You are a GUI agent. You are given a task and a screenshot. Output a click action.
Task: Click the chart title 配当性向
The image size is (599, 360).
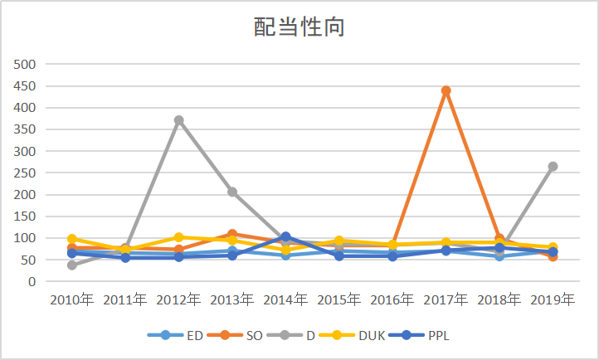coord(299,27)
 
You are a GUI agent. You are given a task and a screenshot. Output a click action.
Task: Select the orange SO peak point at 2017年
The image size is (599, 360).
coord(446,90)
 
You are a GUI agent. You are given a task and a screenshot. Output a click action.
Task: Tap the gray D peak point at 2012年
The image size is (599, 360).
coord(178,120)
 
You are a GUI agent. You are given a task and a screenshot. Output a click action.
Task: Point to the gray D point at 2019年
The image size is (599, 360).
coord(553,166)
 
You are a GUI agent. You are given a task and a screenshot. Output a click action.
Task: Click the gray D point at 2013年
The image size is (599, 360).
coord(232,192)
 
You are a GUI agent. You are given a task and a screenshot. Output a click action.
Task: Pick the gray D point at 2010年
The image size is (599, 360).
coord(72,265)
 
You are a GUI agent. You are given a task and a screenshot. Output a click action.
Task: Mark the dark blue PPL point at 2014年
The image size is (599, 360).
coord(285,236)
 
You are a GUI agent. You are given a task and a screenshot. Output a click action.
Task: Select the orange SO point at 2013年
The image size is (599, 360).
coord(232,234)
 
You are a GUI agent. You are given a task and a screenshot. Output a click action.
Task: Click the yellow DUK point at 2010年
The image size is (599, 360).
coord(72,239)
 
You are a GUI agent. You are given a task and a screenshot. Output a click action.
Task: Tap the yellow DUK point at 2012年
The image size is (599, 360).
coord(178,237)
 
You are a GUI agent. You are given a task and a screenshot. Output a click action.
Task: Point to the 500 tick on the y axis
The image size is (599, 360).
coord(27,64)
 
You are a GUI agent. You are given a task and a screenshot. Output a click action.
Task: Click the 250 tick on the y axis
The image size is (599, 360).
coord(27,173)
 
